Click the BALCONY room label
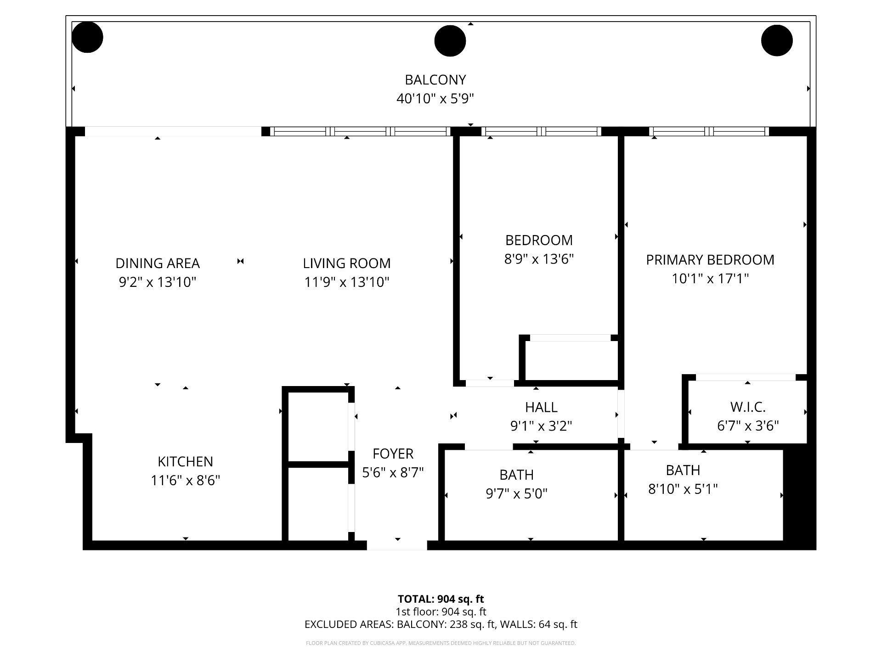point(435,80)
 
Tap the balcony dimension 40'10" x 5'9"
point(435,99)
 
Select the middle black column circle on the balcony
point(450,41)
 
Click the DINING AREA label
point(158,263)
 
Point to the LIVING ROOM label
point(347,263)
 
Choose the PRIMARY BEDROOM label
point(710,260)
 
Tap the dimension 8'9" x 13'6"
point(539,259)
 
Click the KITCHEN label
point(186,462)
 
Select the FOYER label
point(393,454)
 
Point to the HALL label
point(541,408)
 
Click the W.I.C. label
point(748,407)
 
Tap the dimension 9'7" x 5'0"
point(517,494)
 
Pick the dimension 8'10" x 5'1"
point(683,489)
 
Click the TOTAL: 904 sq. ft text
point(441,599)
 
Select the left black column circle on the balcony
point(87,37)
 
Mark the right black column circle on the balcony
point(777,41)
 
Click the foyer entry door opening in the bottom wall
point(397,545)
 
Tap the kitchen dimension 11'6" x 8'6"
point(186,481)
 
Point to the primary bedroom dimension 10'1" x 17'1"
point(710,279)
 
